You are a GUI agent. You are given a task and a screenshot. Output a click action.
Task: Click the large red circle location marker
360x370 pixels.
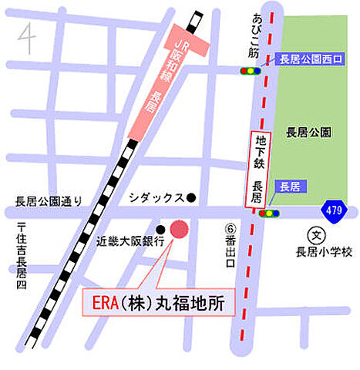click(178, 230)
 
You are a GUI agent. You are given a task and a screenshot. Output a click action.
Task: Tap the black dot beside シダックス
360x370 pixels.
click(192, 197)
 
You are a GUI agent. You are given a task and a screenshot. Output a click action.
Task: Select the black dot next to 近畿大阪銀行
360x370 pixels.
click(160, 230)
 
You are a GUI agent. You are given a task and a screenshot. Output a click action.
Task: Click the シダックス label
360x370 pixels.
click(156, 197)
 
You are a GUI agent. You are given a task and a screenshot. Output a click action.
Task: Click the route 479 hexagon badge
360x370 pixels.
click(333, 210)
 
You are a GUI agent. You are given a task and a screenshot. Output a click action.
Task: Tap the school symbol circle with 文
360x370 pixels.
click(315, 234)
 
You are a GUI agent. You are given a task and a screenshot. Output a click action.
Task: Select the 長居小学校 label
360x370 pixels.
click(324, 251)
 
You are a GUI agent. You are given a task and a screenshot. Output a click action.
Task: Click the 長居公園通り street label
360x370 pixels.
click(48, 201)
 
